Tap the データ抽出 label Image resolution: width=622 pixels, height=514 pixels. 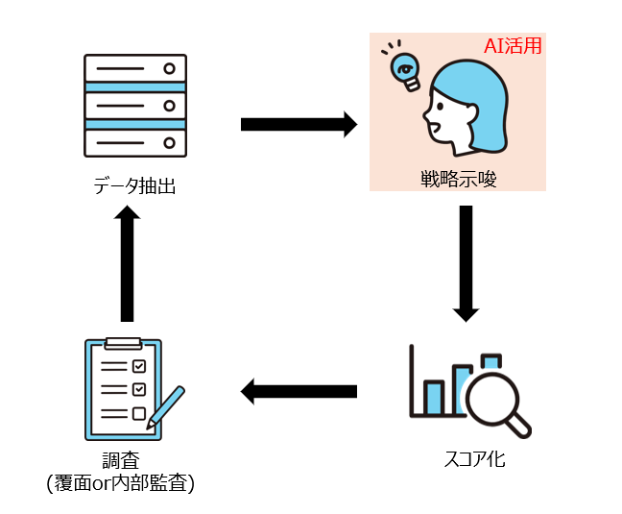click(x=134, y=185)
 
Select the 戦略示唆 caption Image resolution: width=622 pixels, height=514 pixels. click(x=458, y=178)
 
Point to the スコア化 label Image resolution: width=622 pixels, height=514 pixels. click(x=469, y=459)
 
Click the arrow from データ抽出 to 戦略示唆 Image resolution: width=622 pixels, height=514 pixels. click(x=298, y=124)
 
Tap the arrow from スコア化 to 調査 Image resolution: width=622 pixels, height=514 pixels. click(x=298, y=391)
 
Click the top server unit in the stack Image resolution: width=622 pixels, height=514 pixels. click(x=134, y=69)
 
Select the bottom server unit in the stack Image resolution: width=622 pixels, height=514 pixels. click(x=134, y=141)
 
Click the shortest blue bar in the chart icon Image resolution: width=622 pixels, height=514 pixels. click(x=434, y=395)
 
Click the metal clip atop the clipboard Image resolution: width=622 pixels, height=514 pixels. click(x=122, y=342)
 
